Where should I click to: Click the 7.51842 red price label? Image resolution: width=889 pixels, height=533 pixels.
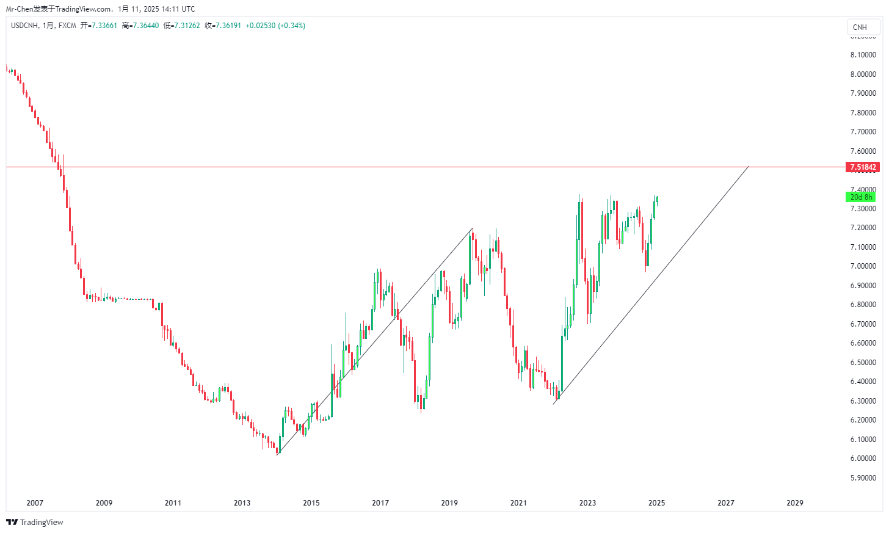click(x=862, y=167)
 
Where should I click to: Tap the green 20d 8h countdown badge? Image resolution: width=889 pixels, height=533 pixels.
click(x=861, y=197)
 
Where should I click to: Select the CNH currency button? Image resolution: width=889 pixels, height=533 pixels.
click(x=860, y=27)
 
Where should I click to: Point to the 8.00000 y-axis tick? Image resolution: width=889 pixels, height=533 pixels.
click(x=863, y=74)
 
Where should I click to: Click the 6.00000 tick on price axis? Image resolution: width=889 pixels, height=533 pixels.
click(x=863, y=459)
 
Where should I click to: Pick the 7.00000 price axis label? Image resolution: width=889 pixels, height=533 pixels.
click(x=863, y=266)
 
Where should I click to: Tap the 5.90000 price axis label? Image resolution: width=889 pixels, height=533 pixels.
click(x=863, y=478)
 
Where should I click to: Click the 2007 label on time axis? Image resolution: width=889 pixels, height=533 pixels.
click(x=35, y=503)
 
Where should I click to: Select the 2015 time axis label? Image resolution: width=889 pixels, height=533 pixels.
click(x=311, y=503)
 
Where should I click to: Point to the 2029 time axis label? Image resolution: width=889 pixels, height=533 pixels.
click(x=795, y=503)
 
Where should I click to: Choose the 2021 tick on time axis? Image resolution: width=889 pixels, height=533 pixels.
click(x=518, y=503)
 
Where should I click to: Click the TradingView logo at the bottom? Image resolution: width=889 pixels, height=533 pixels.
click(x=35, y=523)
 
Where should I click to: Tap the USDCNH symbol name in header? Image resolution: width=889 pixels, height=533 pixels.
click(x=24, y=26)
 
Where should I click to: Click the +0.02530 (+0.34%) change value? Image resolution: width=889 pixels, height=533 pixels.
click(x=275, y=26)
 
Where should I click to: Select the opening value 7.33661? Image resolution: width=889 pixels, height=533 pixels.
click(x=104, y=26)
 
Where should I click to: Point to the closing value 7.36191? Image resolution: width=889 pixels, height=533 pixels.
click(x=228, y=26)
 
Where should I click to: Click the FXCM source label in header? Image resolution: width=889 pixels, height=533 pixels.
click(x=67, y=26)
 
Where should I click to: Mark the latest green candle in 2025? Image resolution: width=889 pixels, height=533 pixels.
click(x=657, y=199)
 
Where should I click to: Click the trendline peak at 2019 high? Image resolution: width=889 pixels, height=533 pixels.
click(x=472, y=229)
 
